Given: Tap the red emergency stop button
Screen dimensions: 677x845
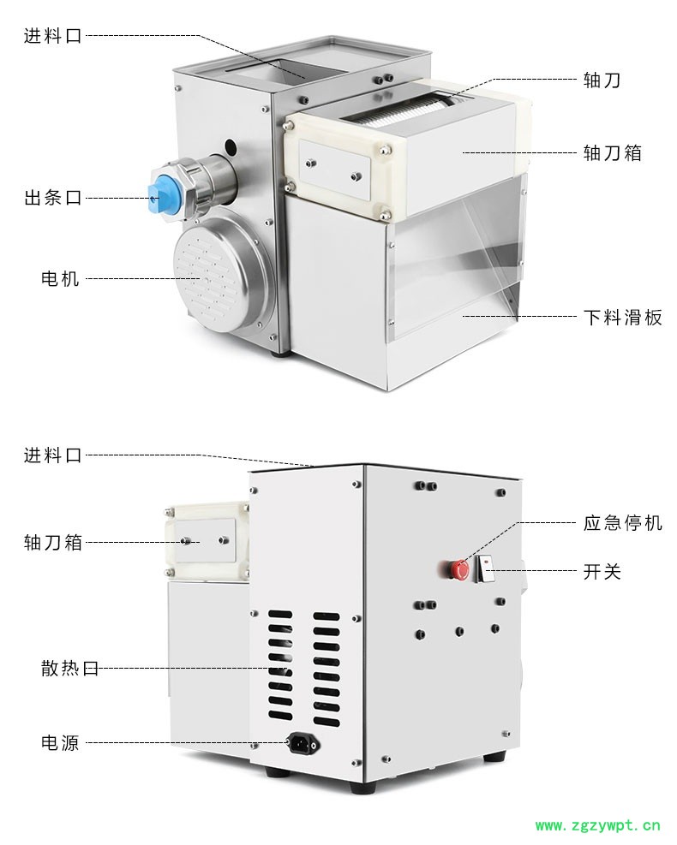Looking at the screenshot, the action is tap(459, 569).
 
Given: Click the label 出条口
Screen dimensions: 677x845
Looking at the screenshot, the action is tap(53, 198).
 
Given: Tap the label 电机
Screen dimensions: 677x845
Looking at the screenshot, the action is tap(61, 278).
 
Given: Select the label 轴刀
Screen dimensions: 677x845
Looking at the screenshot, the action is tap(602, 80).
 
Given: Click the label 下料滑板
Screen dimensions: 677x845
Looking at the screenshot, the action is tap(622, 317).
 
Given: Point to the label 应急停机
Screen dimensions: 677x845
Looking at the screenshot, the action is tap(622, 522).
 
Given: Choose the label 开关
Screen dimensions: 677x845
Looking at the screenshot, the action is tap(602, 571).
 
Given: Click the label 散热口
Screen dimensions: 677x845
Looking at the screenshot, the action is tap(70, 669).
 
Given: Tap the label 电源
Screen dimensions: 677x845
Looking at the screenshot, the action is tap(61, 742).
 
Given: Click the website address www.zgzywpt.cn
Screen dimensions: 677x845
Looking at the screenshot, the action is tap(597, 825).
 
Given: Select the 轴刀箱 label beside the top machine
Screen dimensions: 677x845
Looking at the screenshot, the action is tap(612, 153).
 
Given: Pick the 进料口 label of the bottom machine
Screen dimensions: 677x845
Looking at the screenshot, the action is tap(53, 455).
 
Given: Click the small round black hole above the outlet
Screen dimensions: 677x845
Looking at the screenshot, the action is tap(231, 146).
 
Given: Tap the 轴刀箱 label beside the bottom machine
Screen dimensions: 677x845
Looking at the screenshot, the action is tap(53, 542).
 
